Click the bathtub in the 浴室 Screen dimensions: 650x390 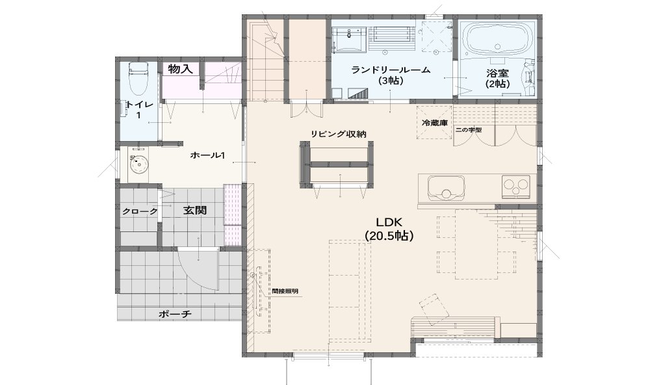(497, 38)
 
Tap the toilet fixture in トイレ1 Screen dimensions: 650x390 (138, 79)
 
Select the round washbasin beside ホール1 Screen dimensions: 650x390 (139, 165)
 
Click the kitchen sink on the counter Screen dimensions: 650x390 (446, 187)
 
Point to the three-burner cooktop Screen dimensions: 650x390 (516, 186)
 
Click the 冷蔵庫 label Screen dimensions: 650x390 (434, 123)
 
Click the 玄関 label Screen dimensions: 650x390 (195, 211)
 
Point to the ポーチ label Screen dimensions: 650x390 (175, 314)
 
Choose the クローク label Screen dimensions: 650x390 (140, 211)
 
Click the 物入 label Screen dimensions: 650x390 (180, 69)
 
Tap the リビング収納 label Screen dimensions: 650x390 (339, 134)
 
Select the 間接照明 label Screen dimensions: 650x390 (285, 291)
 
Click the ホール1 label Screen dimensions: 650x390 (207, 155)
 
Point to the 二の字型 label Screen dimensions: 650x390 (469, 130)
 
